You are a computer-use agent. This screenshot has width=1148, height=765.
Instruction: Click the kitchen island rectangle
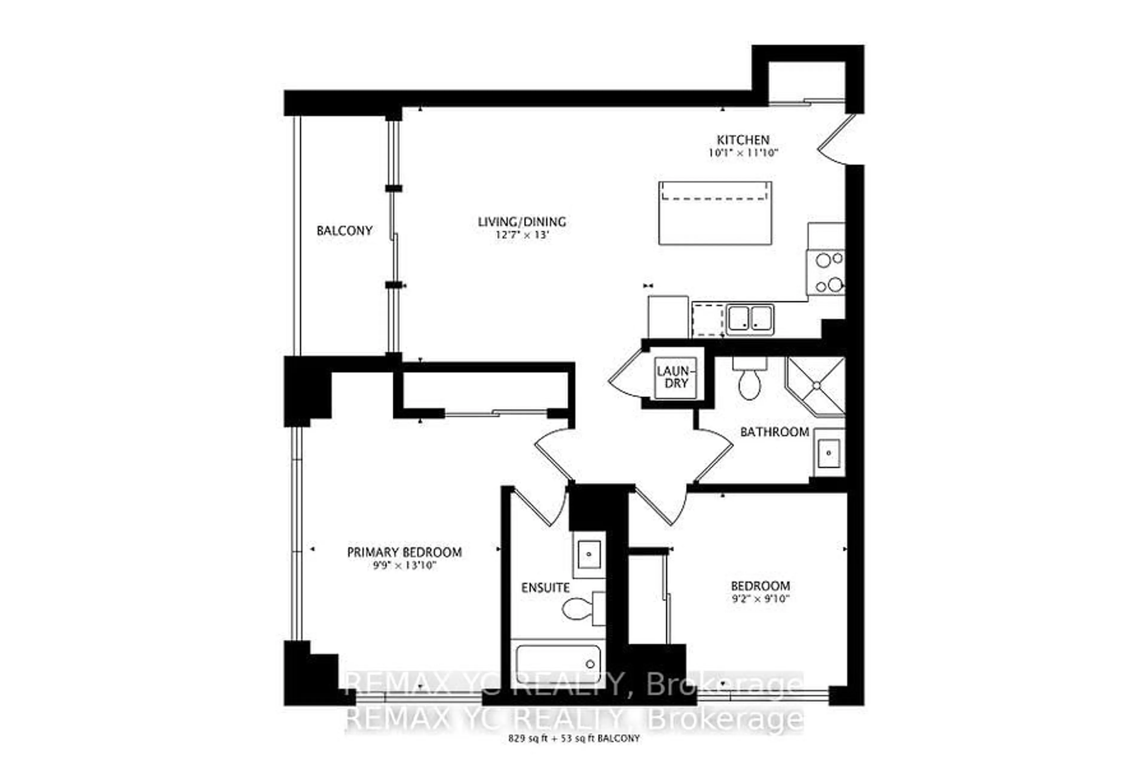coord(715,213)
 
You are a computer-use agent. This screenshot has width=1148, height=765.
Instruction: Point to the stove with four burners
coord(826,272)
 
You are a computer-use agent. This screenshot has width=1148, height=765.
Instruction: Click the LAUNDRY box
coord(676,378)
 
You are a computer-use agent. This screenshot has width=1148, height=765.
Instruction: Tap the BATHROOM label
coord(775,432)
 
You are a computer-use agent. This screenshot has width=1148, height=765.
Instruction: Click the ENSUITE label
coord(545,587)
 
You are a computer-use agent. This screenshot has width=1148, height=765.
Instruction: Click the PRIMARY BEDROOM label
coord(404,552)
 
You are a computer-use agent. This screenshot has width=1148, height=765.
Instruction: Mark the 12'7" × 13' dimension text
coord(522,235)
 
